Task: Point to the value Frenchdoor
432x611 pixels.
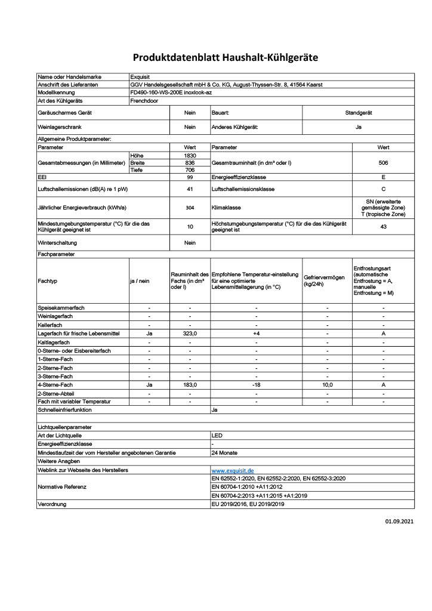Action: (x=145, y=101)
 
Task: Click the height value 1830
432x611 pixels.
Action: (x=190, y=155)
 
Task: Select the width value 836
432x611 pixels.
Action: (x=190, y=162)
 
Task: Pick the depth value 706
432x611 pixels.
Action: (x=190, y=170)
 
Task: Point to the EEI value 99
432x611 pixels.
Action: (x=190, y=178)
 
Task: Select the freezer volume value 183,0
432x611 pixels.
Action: (x=190, y=385)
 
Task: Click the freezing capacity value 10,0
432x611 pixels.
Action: (x=328, y=385)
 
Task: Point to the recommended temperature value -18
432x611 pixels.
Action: (x=256, y=385)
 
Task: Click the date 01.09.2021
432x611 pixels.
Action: (x=399, y=521)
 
